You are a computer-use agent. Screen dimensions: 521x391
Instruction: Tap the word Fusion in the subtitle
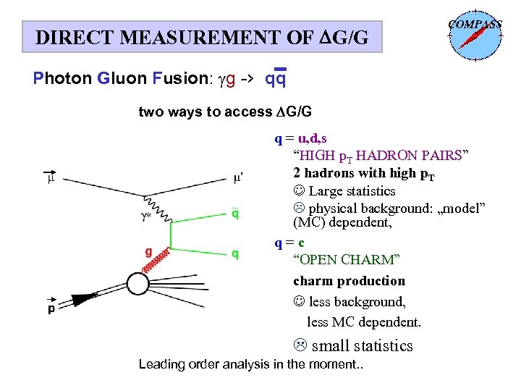[181, 77]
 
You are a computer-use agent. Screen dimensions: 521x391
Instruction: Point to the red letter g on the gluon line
[148, 253]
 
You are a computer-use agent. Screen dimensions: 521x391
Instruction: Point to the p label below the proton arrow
[51, 308]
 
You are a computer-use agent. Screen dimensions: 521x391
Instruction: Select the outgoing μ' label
[240, 176]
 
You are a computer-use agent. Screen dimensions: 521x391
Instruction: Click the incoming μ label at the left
[51, 176]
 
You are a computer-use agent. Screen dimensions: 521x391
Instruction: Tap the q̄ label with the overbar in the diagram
[235, 214]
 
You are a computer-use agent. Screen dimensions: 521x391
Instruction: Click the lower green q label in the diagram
[235, 253]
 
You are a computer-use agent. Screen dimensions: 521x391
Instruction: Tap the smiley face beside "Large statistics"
[299, 191]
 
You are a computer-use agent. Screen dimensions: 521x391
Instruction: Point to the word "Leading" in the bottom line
[161, 363]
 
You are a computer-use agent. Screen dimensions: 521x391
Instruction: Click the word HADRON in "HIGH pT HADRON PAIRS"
[388, 156]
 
